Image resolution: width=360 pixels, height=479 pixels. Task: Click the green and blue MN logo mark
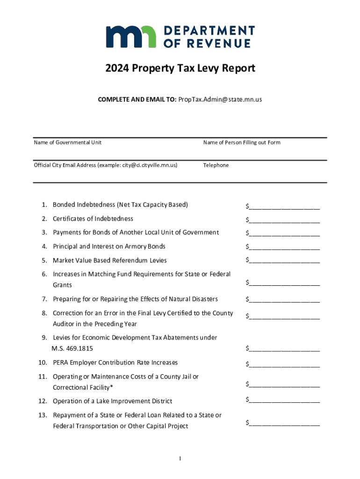[131, 37]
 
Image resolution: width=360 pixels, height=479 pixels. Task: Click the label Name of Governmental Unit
[67, 142]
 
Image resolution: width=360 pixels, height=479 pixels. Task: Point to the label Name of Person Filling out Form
[242, 142]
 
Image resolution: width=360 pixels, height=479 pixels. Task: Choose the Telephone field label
[216, 165]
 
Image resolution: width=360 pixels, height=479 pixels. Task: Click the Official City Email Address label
[106, 165]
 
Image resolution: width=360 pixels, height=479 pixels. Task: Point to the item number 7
[44, 299]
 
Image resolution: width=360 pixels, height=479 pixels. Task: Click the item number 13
[43, 415]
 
